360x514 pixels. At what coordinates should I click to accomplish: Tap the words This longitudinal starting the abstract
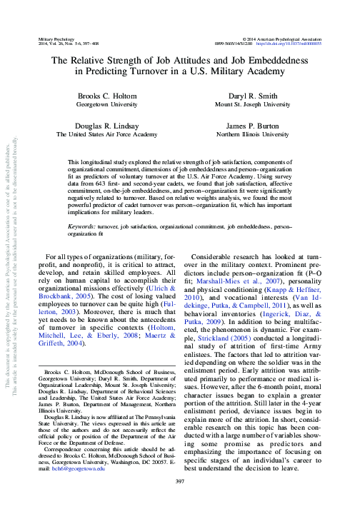tap(97, 163)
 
